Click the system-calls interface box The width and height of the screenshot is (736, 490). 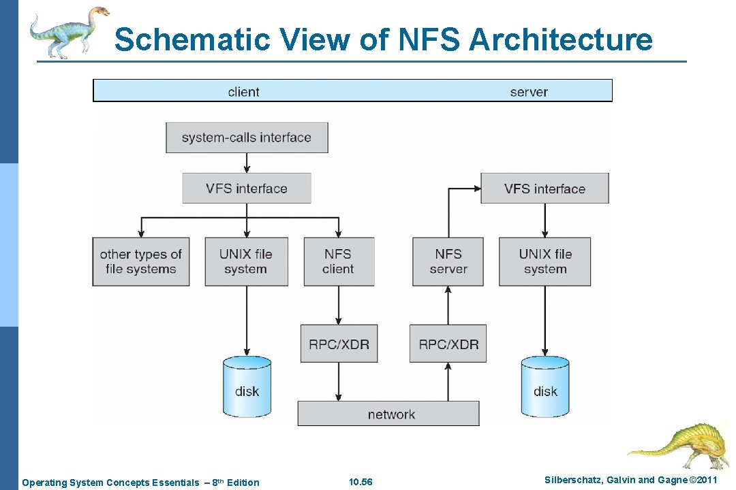[247, 137]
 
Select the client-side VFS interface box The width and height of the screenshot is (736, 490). [247, 189]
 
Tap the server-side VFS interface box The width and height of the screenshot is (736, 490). [545, 189]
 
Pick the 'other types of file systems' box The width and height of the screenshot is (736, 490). [141, 261]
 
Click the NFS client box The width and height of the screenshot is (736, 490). [339, 261]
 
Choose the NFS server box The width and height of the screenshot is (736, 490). [448, 261]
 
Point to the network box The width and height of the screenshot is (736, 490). [388, 414]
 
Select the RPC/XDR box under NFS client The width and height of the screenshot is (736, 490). [339, 344]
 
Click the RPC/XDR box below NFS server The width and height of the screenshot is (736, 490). [448, 344]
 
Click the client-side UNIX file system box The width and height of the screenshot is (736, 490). [246, 261]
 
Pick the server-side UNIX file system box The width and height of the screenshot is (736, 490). [545, 261]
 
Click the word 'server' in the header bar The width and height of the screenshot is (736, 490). [529, 91]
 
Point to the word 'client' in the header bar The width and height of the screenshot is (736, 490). [243, 91]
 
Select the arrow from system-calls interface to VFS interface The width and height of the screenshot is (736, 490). [247, 163]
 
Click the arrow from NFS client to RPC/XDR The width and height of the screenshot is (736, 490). [339, 305]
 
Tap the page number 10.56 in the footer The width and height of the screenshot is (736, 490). [361, 483]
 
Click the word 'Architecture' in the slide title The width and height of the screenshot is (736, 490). [560, 39]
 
